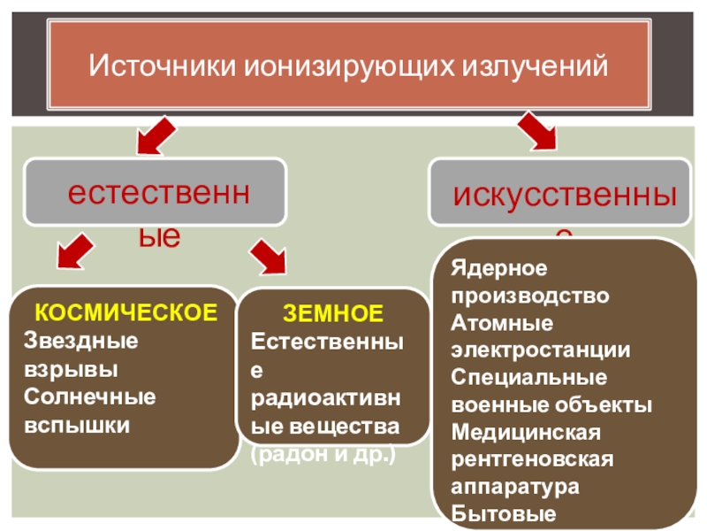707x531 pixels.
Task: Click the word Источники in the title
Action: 162,66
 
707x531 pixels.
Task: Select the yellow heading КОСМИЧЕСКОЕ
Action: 125,313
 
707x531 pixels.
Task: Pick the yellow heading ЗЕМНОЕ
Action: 333,313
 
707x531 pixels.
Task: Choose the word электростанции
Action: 541,350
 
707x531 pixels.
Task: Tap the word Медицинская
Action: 527,433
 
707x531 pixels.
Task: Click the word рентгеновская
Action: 532,460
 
